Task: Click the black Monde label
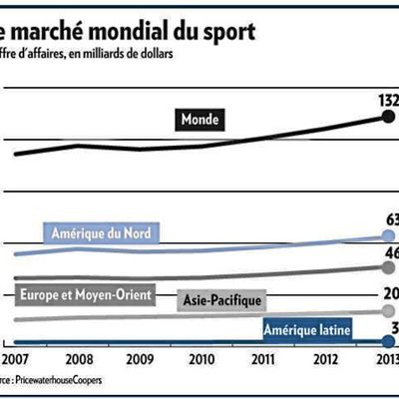199,120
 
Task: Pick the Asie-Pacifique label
221,299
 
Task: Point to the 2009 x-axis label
140,359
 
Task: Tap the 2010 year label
202,359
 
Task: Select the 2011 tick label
264,359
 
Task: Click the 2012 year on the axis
327,359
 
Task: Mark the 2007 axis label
15,359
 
